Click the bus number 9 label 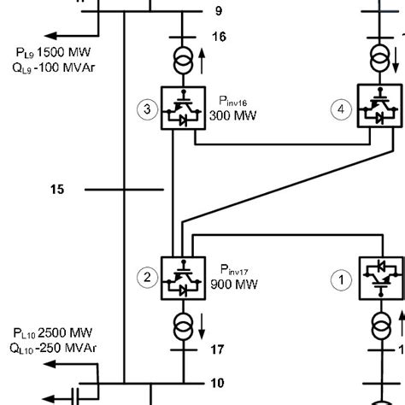(x=218, y=11)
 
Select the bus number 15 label (x=56, y=189)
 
